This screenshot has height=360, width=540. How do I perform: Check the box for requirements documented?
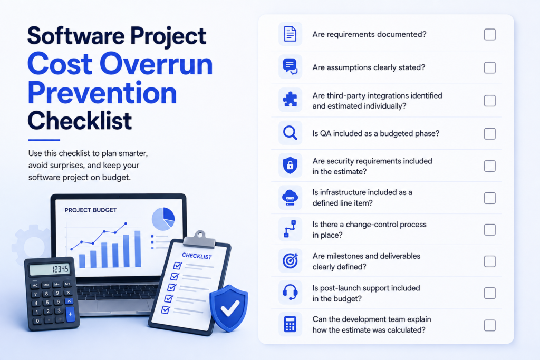(490, 34)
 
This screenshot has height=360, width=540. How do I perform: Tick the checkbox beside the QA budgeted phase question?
(490, 133)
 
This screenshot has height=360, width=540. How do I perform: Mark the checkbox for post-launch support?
(490, 293)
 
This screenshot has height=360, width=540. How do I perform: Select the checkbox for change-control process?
(490, 230)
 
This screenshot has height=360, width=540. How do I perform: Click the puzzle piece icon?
(290, 100)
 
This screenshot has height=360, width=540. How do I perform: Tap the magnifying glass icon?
(290, 133)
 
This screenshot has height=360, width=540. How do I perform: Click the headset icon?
(290, 292)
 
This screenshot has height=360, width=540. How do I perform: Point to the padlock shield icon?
(290, 165)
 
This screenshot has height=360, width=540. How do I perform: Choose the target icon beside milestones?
(290, 260)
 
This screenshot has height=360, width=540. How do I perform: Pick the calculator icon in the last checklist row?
(290, 324)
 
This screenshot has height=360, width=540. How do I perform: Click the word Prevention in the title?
(102, 93)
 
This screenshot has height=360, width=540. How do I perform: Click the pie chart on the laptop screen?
(163, 219)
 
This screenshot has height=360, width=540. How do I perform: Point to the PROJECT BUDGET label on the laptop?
(91, 210)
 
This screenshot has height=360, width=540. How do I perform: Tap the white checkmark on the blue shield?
(230, 307)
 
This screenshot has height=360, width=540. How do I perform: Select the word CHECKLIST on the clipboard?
(197, 256)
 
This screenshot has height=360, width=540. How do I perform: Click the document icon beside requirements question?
(290, 34)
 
